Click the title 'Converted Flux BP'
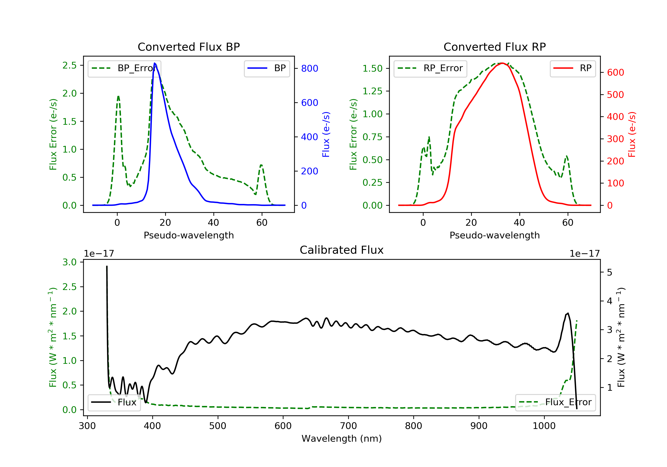click(189, 47)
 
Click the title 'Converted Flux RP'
click(494, 47)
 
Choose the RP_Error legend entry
click(430, 68)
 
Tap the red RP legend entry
click(573, 68)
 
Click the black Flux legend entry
click(114, 402)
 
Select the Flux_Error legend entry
click(555, 402)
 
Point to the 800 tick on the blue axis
click(309, 68)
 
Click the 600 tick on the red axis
click(615, 72)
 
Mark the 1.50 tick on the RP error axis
click(372, 68)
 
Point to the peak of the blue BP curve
click(155, 63)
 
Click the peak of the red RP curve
click(502, 63)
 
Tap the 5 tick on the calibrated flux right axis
click(609, 273)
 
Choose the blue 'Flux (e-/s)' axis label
click(326, 135)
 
